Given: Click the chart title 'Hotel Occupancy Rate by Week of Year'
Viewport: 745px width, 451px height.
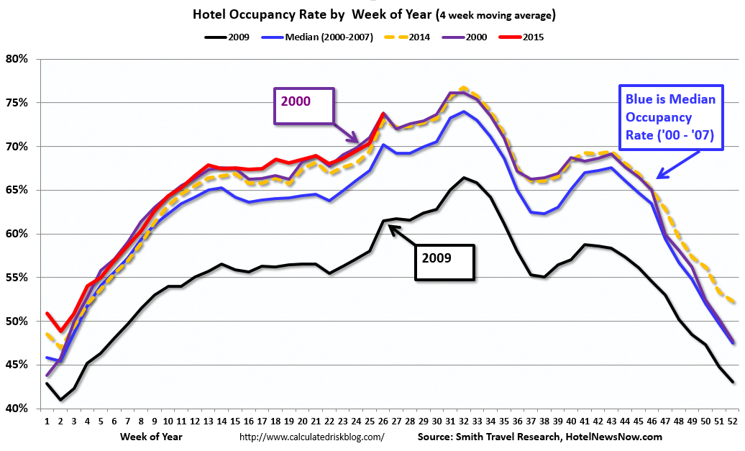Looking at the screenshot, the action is pos(312,14).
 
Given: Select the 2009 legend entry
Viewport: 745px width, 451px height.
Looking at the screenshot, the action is pos(227,37).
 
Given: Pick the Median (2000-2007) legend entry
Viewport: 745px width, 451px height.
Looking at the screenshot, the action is pos(317,37).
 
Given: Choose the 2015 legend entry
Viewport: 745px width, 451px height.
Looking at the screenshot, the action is pos(521,37).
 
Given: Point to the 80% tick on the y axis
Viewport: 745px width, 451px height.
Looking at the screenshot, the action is pos(17,59).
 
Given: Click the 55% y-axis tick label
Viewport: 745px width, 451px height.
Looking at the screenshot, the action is pos(17,278).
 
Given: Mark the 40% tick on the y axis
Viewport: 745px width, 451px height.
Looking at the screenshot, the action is pos(17,409).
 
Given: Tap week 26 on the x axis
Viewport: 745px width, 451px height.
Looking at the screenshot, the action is pos(383,421).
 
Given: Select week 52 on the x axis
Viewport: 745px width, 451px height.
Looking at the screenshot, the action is pos(732,421).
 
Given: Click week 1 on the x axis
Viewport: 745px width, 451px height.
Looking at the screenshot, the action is pos(47,421).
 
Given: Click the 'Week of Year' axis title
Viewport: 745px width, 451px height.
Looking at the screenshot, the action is pos(151,437).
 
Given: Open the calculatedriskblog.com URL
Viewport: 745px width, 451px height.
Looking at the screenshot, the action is pos(311,437).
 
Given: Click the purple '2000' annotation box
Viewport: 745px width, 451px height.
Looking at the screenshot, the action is pos(304,106).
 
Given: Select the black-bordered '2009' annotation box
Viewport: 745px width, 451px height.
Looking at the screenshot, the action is pos(444,263).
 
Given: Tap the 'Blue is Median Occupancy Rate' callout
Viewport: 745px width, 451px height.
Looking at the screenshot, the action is pos(671,117).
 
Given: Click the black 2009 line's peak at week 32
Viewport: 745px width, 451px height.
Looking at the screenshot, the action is pos(464,178).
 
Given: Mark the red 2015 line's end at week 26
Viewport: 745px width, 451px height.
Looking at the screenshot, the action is pos(383,113).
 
